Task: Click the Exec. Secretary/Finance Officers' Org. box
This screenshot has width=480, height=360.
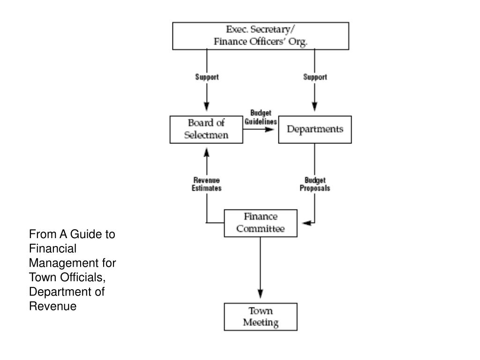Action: [x=261, y=36]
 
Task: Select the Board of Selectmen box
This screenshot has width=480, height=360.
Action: [x=206, y=129]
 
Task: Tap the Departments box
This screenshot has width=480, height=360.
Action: [x=315, y=129]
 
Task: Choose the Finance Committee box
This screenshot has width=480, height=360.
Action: [x=261, y=223]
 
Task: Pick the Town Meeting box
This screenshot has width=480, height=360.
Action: [x=261, y=317]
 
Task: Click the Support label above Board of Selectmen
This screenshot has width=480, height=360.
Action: [x=207, y=77]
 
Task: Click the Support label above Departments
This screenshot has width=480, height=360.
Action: [x=315, y=77]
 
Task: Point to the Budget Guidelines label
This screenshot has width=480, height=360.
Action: [x=261, y=117]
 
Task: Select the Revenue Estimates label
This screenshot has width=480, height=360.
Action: [x=207, y=184]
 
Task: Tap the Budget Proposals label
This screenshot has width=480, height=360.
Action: [x=315, y=184]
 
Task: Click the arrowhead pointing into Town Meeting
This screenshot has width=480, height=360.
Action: [x=261, y=293]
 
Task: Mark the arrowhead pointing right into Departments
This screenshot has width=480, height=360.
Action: [x=270, y=129]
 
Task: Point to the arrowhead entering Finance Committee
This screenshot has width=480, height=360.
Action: [x=307, y=223]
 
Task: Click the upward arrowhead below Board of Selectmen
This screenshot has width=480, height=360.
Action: [x=207, y=152]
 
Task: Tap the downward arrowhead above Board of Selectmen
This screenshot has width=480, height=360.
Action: [x=207, y=106]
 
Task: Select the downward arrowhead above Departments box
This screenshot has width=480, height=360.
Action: [x=315, y=106]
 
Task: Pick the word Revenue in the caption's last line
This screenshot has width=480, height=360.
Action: [x=52, y=306]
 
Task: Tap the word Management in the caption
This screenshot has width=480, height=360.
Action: [x=64, y=263]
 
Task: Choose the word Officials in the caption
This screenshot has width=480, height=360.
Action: [x=82, y=277]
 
